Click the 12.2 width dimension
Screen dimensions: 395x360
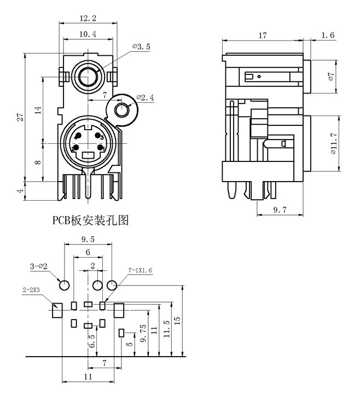88,19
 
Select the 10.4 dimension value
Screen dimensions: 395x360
88,34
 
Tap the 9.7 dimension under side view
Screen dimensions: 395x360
279,210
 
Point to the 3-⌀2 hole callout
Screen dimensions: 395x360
39,267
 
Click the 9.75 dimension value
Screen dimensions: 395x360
143,333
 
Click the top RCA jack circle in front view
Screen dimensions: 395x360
88,77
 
